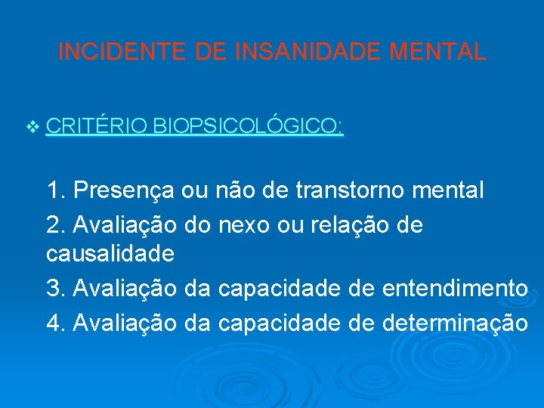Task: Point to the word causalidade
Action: click(110, 253)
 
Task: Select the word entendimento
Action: click(456, 288)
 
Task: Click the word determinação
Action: click(456, 323)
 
